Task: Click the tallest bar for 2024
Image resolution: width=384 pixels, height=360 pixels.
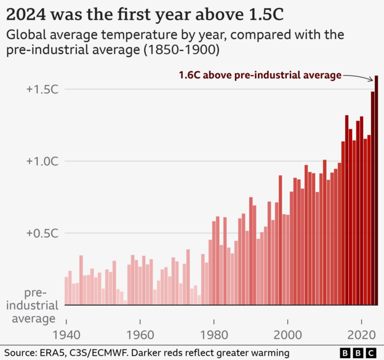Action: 376,191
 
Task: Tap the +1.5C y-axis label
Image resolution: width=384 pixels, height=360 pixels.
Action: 42,89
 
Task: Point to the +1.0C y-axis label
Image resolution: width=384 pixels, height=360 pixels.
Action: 42,161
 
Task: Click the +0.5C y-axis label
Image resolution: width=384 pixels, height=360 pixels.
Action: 42,233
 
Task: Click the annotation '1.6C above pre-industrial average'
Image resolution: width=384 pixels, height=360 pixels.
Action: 260,75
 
